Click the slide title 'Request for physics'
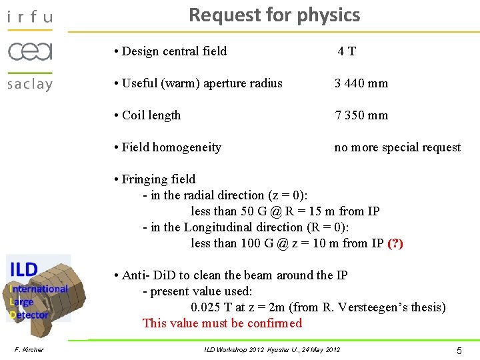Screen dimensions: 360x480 (274, 15)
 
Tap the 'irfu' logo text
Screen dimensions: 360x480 (29, 16)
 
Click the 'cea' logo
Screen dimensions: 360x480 (30, 51)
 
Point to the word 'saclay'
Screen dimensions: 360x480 (30, 85)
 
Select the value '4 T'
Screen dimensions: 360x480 (347, 51)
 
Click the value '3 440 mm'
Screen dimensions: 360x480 (361, 83)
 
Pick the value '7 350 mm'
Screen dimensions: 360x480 (361, 115)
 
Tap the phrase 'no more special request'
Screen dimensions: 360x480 (397, 147)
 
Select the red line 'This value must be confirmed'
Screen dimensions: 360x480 (222, 323)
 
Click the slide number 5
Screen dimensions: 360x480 (459, 350)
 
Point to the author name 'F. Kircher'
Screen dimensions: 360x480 (29, 350)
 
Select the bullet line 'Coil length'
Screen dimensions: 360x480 (151, 115)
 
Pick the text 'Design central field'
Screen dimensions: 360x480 (175, 51)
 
